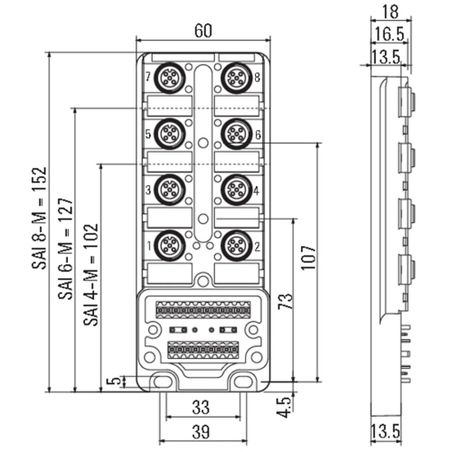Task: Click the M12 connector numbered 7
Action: pos(169,78)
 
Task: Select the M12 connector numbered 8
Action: pos(237,78)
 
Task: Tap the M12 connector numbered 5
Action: pos(169,134)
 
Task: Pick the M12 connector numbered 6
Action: pos(237,134)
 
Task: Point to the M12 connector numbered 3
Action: pos(169,190)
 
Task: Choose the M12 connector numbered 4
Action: pos(237,190)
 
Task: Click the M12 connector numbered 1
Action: pos(169,246)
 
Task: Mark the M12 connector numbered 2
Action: pos(237,246)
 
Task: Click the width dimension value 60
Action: pos(203,31)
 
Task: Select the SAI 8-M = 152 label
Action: pos(40,218)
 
